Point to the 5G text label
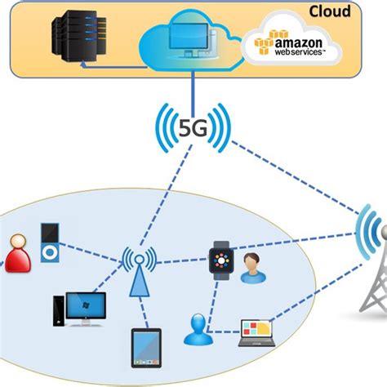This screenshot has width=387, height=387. point(193,128)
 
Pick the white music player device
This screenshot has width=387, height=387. point(50,243)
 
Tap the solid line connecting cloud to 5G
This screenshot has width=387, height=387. point(193,87)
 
